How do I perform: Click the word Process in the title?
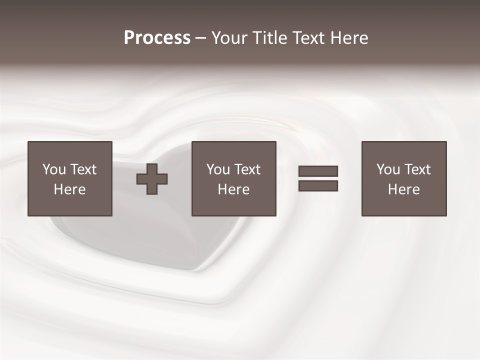[157, 38]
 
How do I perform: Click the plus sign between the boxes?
[152, 179]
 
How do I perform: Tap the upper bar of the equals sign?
[318, 171]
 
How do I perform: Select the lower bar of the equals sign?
[318, 186]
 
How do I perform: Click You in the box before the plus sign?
[54, 169]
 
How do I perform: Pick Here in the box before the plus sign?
[69, 189]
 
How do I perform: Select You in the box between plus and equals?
[218, 169]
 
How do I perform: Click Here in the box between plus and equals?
[233, 189]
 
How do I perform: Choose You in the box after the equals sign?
[388, 169]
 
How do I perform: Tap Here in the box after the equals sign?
[403, 189]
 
